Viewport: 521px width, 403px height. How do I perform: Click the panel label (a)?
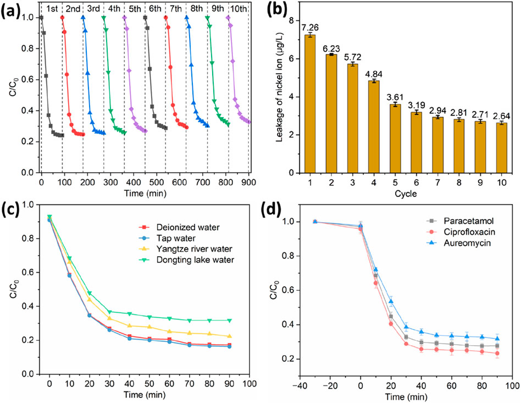click(x=12, y=11)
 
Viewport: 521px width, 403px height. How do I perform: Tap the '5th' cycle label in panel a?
click(x=135, y=9)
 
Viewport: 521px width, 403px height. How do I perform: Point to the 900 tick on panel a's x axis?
click(x=249, y=182)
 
